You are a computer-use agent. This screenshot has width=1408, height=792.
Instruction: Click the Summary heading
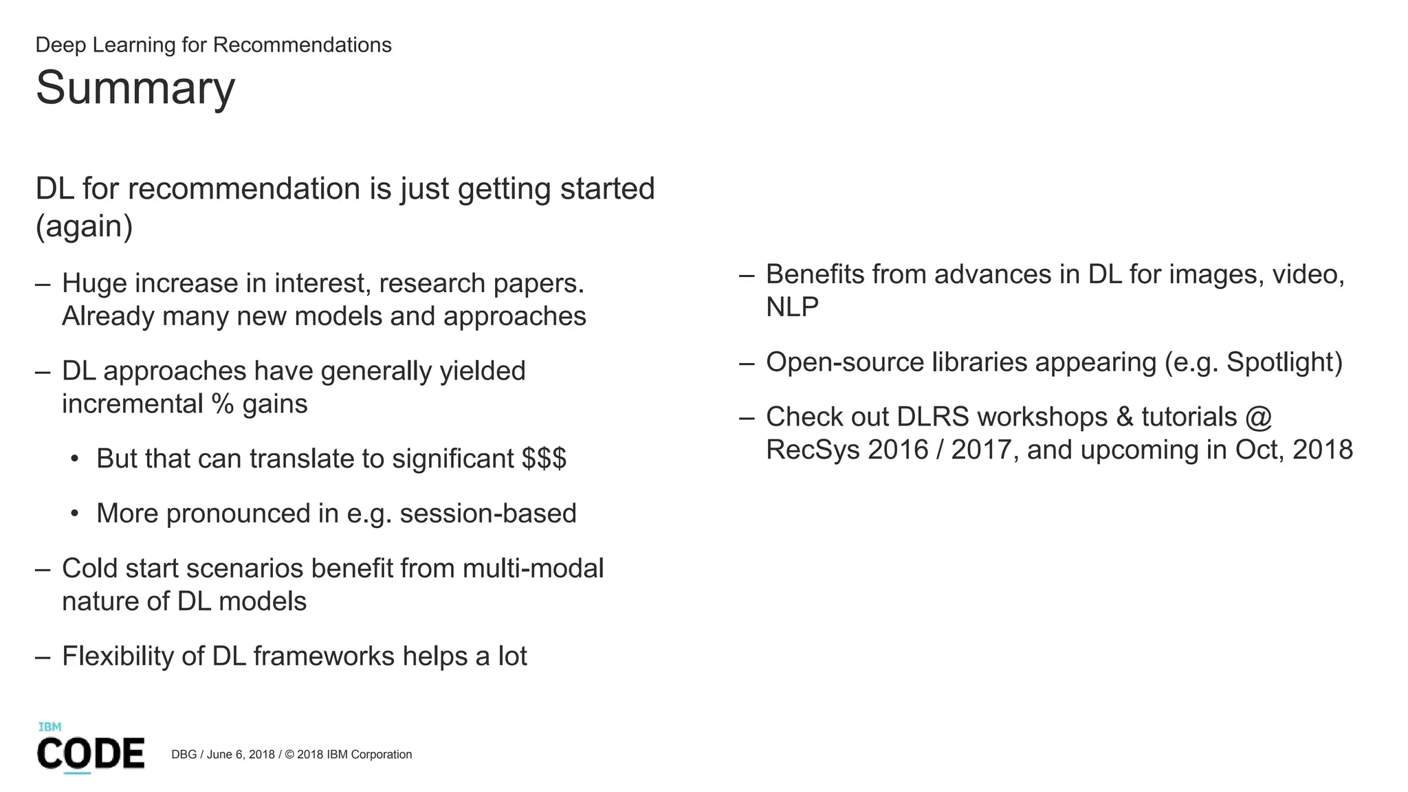pyautogui.click(x=135, y=88)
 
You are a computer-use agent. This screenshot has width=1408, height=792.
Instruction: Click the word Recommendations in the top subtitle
pyautogui.click(x=302, y=45)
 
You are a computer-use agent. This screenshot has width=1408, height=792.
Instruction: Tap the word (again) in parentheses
pyautogui.click(x=84, y=226)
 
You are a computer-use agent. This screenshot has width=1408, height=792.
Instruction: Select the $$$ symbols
pyautogui.click(x=544, y=459)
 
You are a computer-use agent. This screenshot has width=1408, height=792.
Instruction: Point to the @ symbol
pyautogui.click(x=1257, y=417)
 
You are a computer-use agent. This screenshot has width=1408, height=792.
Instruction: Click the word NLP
pyautogui.click(x=792, y=307)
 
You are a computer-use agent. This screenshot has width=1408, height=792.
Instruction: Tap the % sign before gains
pyautogui.click(x=223, y=404)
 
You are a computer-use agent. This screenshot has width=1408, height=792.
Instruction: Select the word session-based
pyautogui.click(x=488, y=514)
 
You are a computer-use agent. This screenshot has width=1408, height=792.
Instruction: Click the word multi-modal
pyautogui.click(x=533, y=569)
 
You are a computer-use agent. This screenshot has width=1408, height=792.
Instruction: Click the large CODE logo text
pyautogui.click(x=91, y=753)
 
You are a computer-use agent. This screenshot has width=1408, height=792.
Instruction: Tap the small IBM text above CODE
pyautogui.click(x=49, y=727)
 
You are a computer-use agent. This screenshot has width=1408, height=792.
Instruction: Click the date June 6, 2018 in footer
pyautogui.click(x=241, y=754)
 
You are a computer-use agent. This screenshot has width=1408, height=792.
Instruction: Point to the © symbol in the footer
pyautogui.click(x=289, y=754)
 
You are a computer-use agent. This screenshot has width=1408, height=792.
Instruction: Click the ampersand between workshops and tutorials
pyautogui.click(x=1125, y=417)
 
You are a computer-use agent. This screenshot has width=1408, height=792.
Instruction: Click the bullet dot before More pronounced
pyautogui.click(x=74, y=514)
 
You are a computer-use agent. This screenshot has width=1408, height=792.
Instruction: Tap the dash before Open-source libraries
pyautogui.click(x=747, y=362)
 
